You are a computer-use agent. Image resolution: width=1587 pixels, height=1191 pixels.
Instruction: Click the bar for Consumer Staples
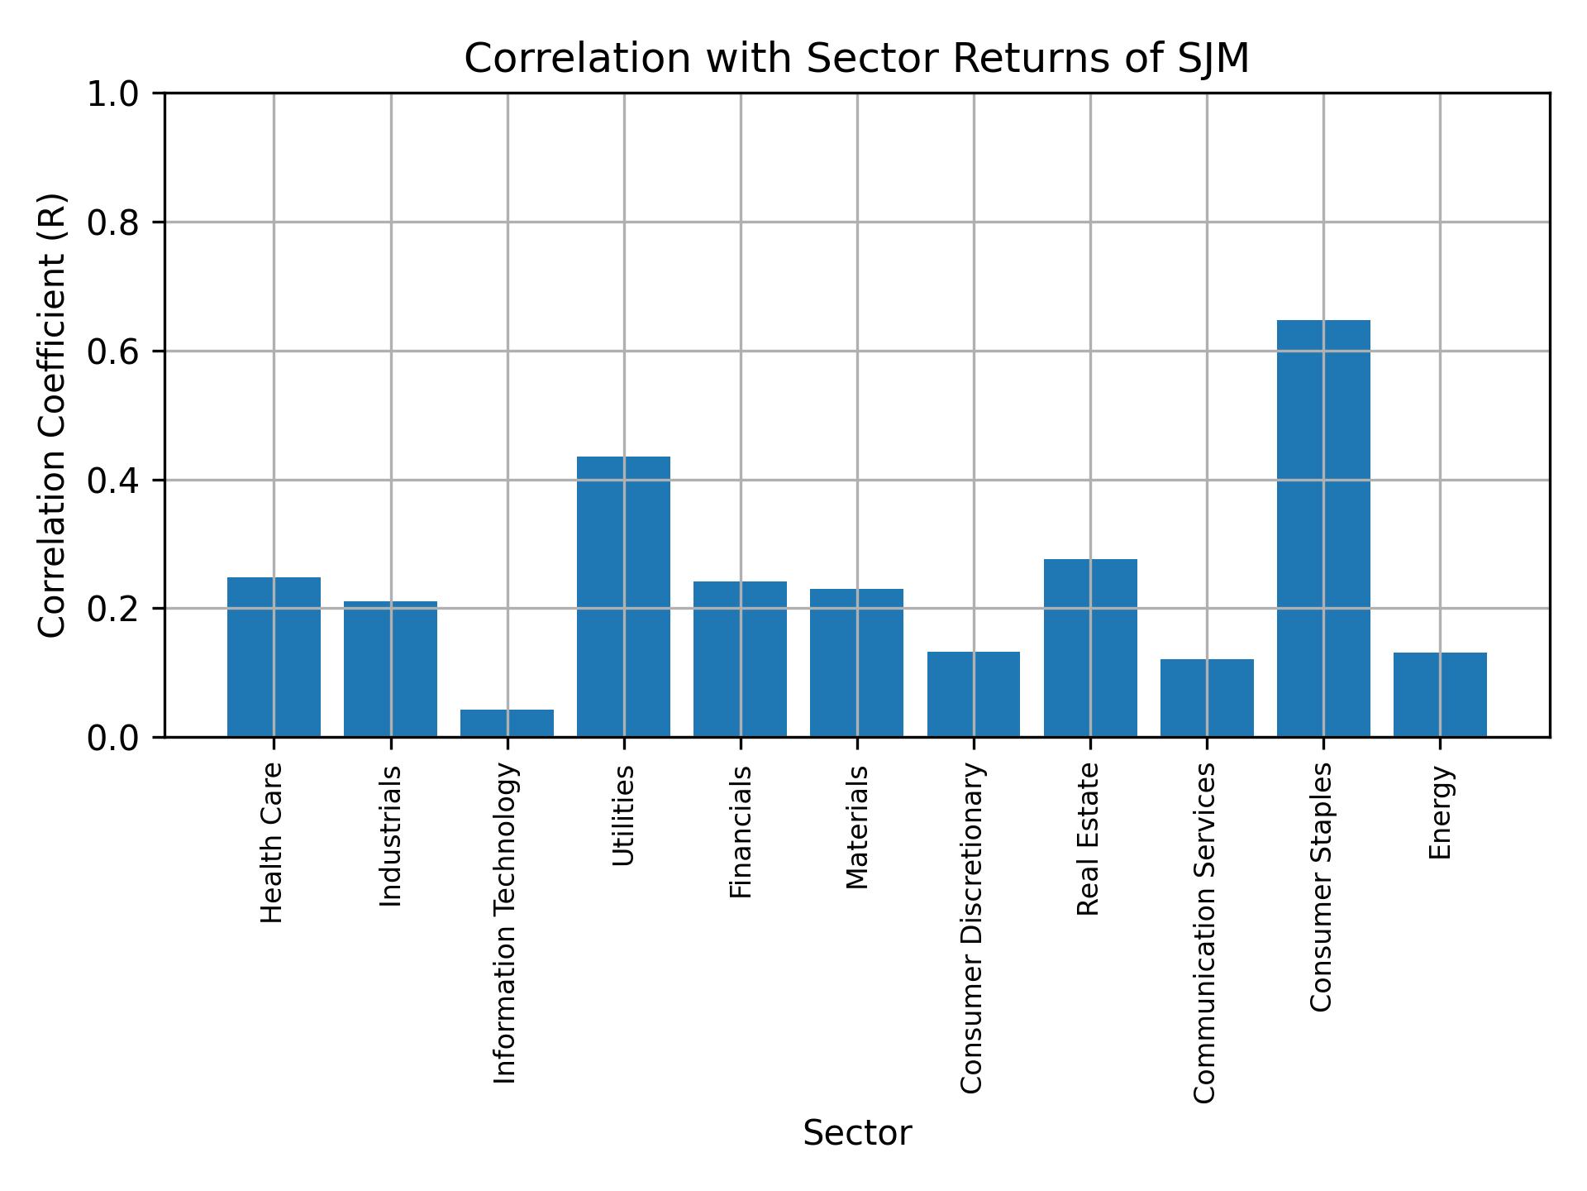[1323, 529]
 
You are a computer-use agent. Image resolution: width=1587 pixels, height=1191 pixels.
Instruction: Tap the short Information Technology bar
[507, 723]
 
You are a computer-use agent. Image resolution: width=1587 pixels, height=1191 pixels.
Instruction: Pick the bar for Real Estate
[1090, 648]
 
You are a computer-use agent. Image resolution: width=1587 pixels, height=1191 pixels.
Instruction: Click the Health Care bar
[274, 658]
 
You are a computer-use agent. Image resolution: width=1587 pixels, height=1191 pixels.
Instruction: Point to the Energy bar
[1440, 695]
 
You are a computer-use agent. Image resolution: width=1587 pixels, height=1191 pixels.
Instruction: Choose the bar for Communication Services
[1207, 698]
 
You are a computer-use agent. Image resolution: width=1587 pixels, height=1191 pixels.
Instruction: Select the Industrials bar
[390, 669]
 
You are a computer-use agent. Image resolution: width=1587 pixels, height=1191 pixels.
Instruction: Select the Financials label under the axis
[741, 832]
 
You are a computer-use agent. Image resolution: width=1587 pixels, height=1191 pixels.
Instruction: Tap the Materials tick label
[857, 827]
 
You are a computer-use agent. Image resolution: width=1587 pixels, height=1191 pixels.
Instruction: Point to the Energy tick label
[1440, 812]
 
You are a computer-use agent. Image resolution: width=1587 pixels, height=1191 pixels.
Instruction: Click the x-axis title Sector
[857, 1133]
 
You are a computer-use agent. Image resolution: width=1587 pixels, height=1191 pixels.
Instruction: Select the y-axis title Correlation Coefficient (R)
[52, 415]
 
